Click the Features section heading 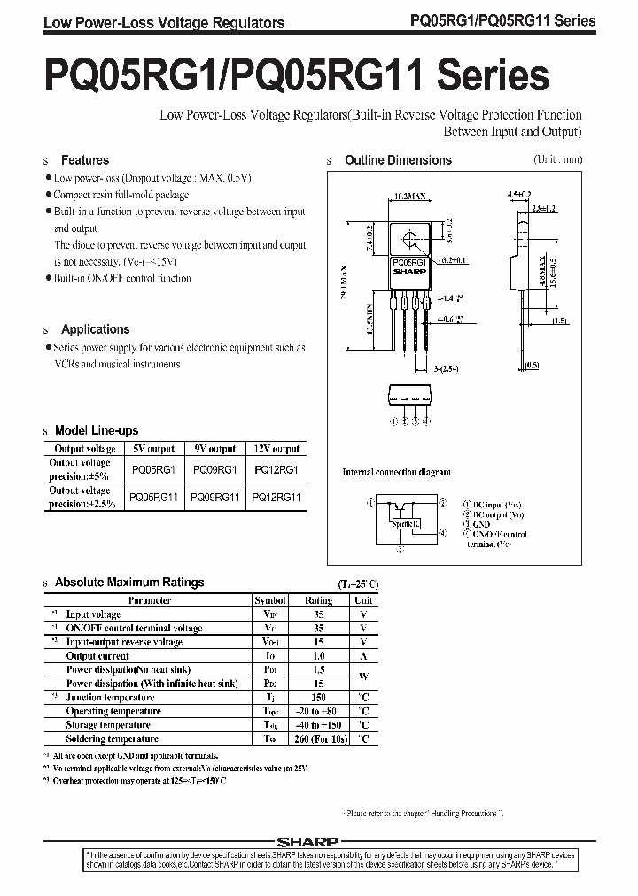84,160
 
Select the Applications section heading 95,329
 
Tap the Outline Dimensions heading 398,160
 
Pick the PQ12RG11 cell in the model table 276,498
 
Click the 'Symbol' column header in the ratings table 270,600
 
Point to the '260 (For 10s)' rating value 319,738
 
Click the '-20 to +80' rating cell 319,711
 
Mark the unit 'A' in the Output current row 363,656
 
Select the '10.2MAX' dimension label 409,194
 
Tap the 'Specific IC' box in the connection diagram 407,523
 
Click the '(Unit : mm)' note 557,159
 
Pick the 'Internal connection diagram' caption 396,473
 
